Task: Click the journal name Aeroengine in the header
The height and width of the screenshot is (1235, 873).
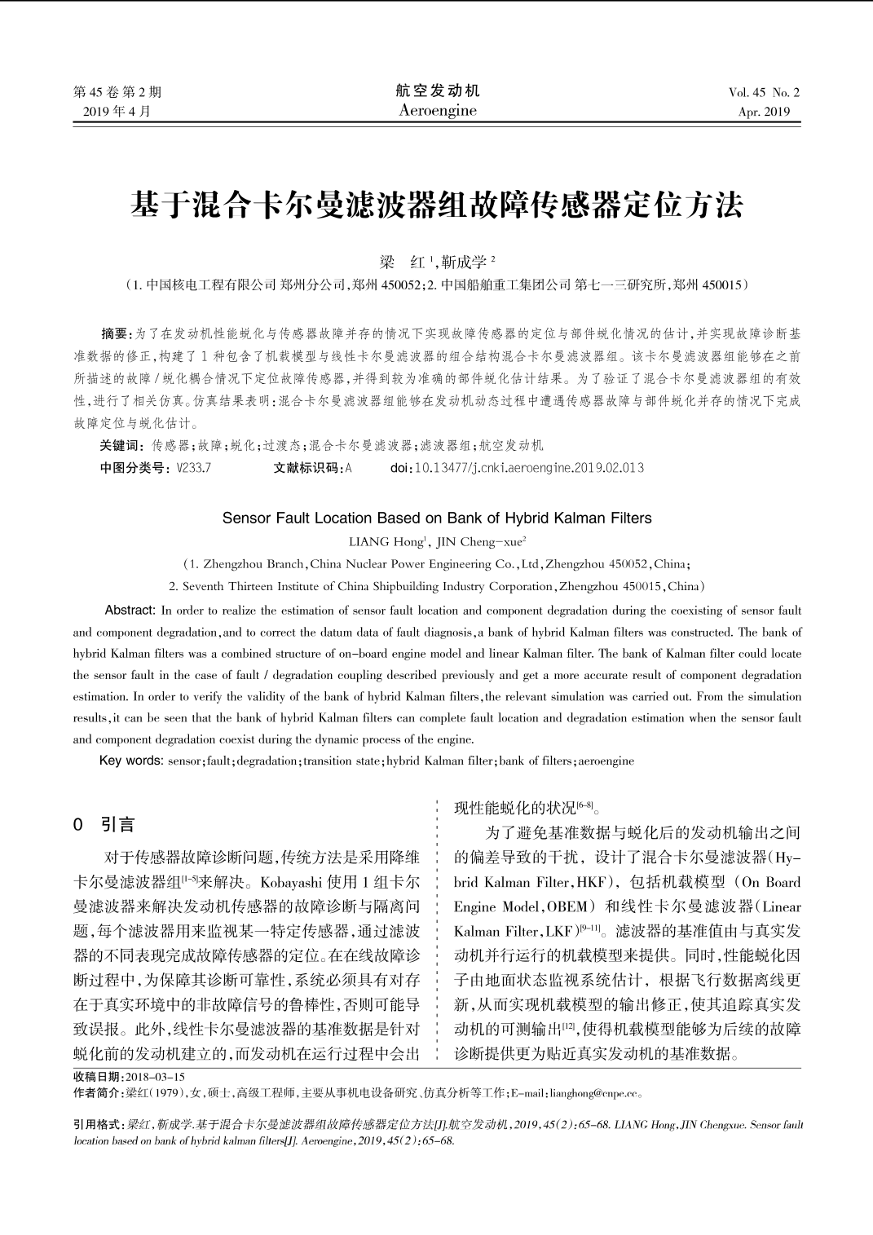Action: (438, 111)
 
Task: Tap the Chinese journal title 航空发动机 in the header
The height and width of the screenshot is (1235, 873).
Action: (438, 90)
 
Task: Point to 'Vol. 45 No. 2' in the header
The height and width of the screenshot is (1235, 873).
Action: (764, 92)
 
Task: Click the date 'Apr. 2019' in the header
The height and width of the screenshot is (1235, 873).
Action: (764, 112)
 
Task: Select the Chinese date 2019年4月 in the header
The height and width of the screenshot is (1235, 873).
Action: (117, 112)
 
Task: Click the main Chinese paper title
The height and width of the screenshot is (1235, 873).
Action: (436, 205)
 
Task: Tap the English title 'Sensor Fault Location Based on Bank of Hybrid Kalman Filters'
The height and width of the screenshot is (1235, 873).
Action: (437, 518)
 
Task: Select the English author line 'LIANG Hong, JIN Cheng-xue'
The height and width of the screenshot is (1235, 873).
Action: (437, 541)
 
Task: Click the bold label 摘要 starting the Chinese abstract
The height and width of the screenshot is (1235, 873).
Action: (115, 333)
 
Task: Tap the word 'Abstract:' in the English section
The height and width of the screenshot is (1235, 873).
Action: (130, 611)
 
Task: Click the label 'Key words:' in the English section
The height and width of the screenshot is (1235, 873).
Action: (130, 761)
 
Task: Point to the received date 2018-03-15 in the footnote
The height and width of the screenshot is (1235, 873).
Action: (155, 1077)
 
